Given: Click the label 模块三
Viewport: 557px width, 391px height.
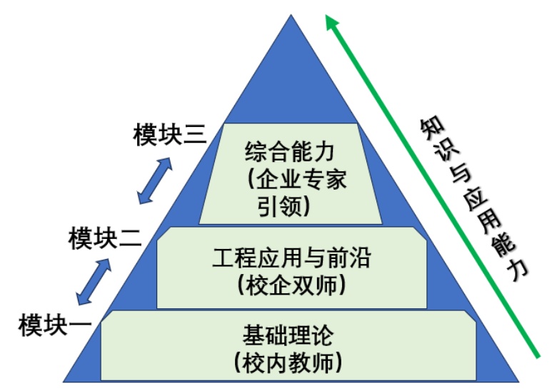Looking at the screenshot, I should pyautogui.click(x=169, y=135).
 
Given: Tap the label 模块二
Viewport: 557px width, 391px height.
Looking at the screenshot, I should pyautogui.click(x=104, y=238).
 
